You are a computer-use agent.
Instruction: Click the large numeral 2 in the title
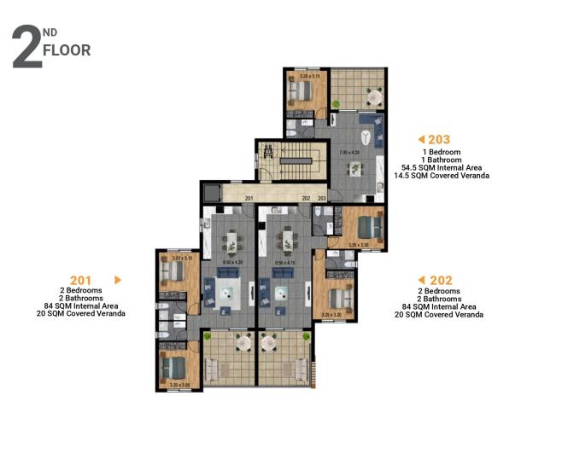(x=26, y=49)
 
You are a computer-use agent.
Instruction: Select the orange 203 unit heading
(x=439, y=139)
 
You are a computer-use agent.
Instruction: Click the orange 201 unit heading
(x=80, y=279)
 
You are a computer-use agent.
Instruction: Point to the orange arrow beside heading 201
(x=118, y=279)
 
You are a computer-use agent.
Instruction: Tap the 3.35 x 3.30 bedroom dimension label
(x=359, y=244)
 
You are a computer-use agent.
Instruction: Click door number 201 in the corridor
(x=249, y=199)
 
